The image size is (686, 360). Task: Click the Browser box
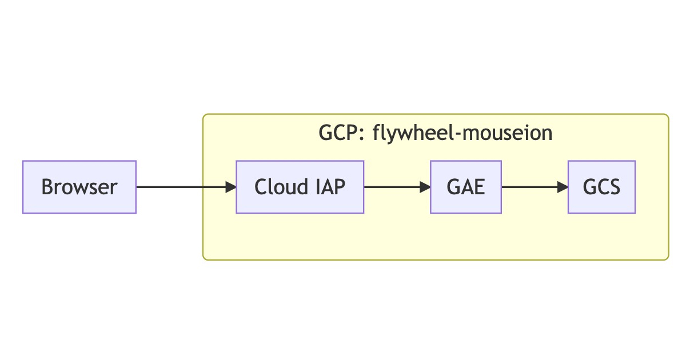pos(79,187)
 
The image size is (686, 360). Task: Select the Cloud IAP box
pos(300,187)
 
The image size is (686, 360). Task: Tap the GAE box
pos(466,187)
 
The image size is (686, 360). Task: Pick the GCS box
pos(601,187)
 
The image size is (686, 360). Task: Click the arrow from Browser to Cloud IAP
pos(186,187)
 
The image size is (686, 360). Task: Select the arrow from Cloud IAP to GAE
pos(397,187)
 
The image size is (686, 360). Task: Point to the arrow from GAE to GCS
pos(535,187)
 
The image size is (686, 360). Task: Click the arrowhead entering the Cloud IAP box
pos(230,187)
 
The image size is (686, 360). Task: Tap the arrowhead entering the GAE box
pos(425,187)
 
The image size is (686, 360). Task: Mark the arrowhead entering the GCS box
pos(563,187)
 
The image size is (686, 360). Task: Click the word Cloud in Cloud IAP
pos(281,186)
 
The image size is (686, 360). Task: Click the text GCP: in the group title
pos(341,133)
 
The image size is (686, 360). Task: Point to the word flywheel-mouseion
pos(462,134)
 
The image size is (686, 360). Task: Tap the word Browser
pos(79,187)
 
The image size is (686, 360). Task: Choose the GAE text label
pos(466,187)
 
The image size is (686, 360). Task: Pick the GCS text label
pos(601,187)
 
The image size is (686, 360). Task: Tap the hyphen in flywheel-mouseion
pos(458,135)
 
